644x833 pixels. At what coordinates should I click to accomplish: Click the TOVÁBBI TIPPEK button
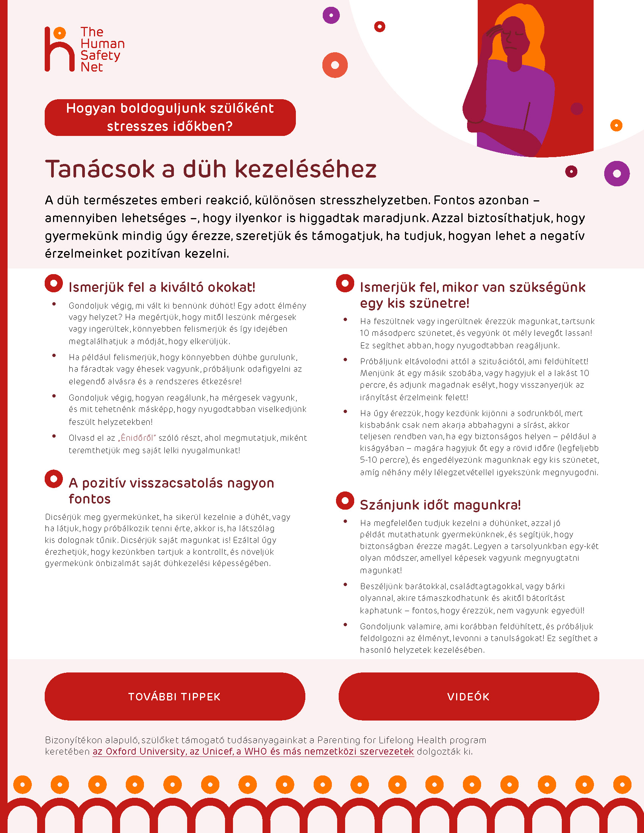tap(175, 696)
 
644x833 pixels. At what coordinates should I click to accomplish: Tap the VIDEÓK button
tap(469, 696)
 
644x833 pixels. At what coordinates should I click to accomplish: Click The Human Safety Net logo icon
tap(59, 49)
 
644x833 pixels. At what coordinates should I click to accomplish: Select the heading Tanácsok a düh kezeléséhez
tap(211, 169)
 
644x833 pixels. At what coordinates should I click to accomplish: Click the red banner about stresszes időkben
tap(170, 117)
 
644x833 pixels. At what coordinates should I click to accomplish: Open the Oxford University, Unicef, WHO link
tap(253, 751)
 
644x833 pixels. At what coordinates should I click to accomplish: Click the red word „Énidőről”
tap(138, 438)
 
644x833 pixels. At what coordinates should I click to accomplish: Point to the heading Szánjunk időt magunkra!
tap(440, 505)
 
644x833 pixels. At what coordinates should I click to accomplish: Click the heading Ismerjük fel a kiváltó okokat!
tap(162, 287)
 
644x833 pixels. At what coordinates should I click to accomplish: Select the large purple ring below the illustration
tap(616, 173)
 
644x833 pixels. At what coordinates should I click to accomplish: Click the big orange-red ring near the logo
tap(335, 65)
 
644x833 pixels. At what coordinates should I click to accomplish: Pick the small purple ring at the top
tap(331, 15)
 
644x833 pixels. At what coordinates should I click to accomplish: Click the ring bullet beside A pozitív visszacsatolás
tap(54, 479)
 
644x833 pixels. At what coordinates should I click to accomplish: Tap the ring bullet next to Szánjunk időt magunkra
tap(345, 501)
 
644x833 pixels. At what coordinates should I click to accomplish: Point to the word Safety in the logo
tap(100, 55)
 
